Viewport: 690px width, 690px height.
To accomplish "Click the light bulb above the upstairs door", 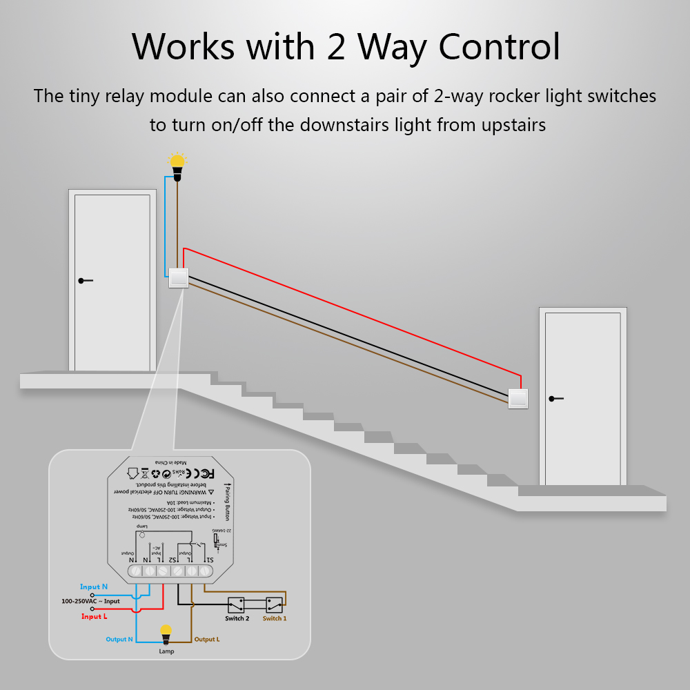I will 178,164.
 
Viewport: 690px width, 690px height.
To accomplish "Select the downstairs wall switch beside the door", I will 518,398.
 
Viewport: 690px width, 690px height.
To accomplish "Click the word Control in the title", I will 500,47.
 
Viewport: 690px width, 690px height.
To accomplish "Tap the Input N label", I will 94,586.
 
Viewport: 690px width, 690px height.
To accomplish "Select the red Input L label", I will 95,616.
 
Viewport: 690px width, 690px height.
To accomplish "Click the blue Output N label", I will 119,640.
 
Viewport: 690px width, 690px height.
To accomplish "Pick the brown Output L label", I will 207,640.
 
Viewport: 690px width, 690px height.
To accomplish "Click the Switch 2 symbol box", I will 237,604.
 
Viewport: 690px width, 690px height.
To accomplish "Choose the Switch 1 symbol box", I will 275,604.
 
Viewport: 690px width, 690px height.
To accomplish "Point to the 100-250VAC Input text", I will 90,601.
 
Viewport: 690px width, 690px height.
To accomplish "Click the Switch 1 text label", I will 275,618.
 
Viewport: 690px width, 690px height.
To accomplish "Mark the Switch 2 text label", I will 237,618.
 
